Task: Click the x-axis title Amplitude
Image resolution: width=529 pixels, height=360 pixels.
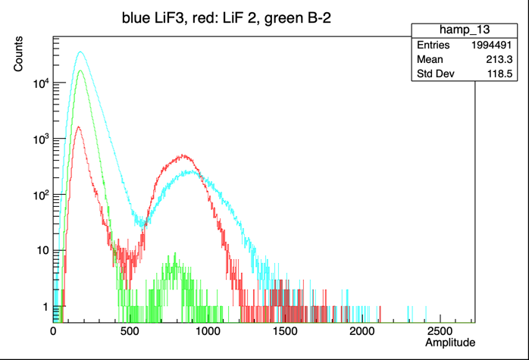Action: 450,343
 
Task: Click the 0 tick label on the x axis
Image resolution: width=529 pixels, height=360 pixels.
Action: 53,331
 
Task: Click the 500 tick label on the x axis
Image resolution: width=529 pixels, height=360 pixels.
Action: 130,331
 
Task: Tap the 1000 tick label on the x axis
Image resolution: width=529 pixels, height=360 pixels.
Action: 207,331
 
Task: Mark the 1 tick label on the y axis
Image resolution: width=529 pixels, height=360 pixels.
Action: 43,306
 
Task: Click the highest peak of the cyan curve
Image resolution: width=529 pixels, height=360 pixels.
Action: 80,52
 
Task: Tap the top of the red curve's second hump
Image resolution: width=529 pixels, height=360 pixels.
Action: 183,156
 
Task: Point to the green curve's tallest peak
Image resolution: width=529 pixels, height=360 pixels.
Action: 80,71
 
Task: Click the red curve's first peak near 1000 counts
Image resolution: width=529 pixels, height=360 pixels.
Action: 78,127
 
